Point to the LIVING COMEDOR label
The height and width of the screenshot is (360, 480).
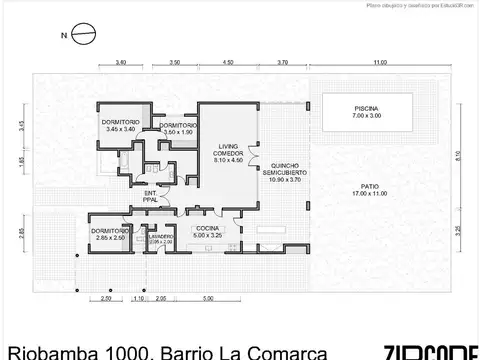[x=228, y=148]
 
